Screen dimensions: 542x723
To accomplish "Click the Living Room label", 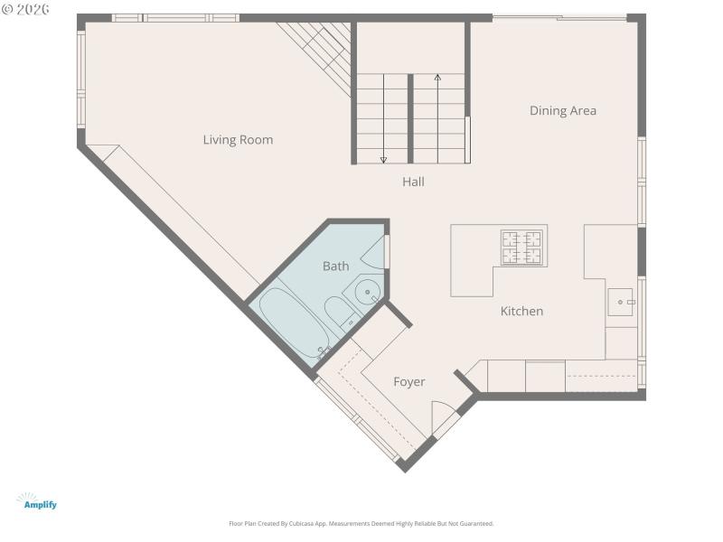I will click(x=238, y=140).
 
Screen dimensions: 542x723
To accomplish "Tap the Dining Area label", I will click(x=562, y=111).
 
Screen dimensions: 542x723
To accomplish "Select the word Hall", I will click(x=413, y=182).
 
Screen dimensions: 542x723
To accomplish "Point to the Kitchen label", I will click(x=521, y=311).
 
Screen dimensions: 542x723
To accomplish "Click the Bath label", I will click(x=335, y=266).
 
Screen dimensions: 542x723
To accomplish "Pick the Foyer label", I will click(x=408, y=382).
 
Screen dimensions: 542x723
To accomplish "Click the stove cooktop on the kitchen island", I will click(x=522, y=248).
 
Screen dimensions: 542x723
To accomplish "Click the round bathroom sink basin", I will click(x=367, y=292).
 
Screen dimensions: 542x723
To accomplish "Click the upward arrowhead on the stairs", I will click(x=438, y=79).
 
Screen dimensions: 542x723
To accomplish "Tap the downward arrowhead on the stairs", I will click(x=383, y=160).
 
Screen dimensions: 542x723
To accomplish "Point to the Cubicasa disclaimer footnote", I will click(x=361, y=524).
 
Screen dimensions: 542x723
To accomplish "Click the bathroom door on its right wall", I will click(x=386, y=251).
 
